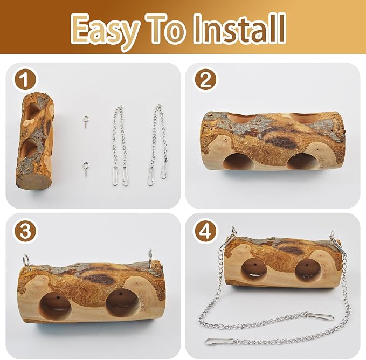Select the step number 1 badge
(x=25, y=80)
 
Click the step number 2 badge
(x=206, y=80)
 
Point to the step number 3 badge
(x=25, y=231)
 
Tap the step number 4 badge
(x=205, y=231)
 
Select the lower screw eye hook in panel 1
(x=85, y=169)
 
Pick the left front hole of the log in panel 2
(x=238, y=161)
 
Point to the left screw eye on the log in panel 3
(x=27, y=262)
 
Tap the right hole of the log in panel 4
(x=307, y=271)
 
